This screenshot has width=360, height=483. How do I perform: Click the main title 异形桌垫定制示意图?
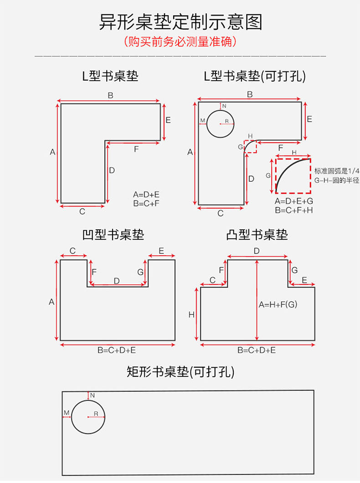(x=180, y=22)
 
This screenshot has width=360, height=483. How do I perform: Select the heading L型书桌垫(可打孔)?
(x=255, y=76)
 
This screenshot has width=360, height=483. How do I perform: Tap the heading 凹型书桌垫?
(x=113, y=235)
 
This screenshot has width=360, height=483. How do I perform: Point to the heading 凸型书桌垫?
(x=257, y=235)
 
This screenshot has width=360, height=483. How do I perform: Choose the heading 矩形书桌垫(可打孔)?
(x=180, y=372)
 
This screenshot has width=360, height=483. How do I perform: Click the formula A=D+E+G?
(x=293, y=201)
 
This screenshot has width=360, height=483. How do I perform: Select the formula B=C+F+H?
(x=293, y=210)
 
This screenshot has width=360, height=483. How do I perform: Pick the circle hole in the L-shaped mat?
(x=221, y=123)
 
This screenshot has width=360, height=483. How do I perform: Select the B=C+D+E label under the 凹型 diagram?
(x=117, y=350)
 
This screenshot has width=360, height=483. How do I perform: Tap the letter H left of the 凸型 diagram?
(x=191, y=314)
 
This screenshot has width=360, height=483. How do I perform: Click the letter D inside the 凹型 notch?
(x=117, y=281)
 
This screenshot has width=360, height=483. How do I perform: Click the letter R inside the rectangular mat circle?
(x=96, y=413)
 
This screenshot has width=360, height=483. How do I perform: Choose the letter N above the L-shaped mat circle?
(x=224, y=106)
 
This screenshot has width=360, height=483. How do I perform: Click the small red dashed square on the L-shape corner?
(x=250, y=147)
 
